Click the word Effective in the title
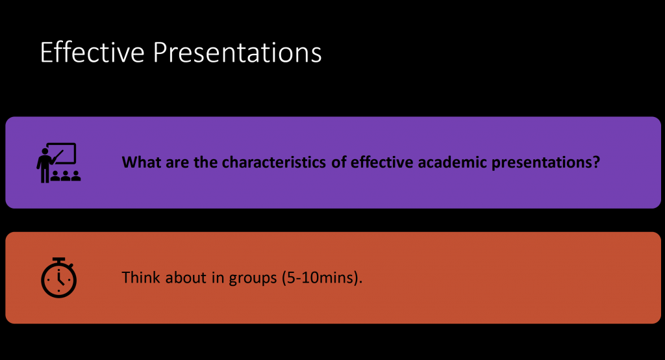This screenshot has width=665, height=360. tap(92, 52)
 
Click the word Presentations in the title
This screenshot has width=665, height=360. tap(237, 52)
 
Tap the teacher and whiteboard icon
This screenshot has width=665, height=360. tap(58, 163)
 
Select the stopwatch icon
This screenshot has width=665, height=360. tap(58, 277)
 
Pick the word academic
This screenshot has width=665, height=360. tap(452, 162)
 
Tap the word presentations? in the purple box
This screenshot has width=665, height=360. tap(546, 163)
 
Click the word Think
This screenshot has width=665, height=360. tap(141, 277)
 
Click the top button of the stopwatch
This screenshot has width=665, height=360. tap(59, 259)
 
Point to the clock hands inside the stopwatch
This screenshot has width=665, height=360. tap(60, 279)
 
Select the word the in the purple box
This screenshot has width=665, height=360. tap(205, 162)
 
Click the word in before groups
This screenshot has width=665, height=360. tap(218, 277)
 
